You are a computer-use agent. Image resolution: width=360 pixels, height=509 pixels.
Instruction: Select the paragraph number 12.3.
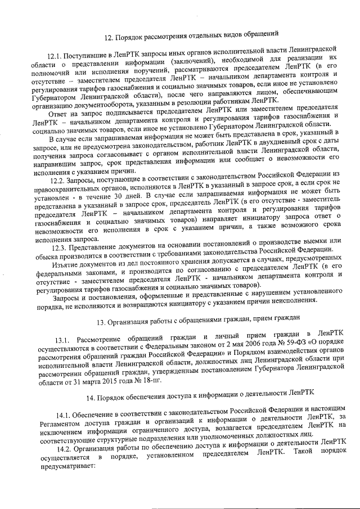[x=60, y=247]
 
